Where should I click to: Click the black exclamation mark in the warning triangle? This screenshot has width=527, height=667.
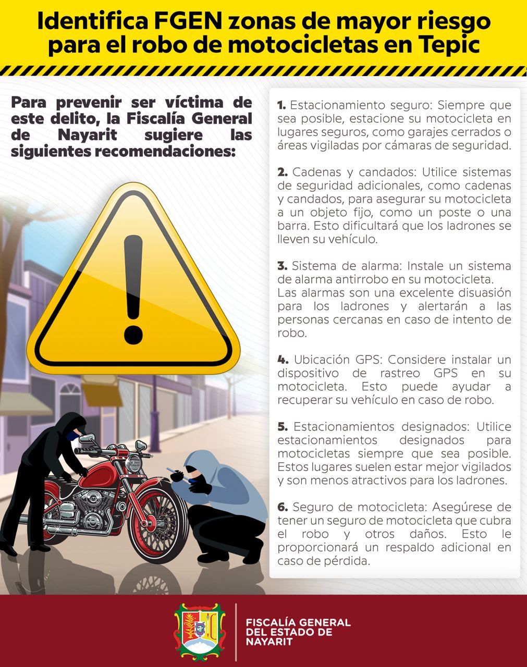pos(133,289)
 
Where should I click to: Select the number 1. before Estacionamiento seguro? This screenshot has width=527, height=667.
pos(281,105)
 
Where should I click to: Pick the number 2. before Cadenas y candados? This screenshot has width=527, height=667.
pos(283,172)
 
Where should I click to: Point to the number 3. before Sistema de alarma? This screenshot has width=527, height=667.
pos(283,266)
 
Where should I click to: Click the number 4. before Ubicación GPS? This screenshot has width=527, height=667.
pos(283,360)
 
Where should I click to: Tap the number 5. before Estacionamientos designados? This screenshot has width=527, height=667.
pos(283,427)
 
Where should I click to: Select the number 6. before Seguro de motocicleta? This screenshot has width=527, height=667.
pos(283,508)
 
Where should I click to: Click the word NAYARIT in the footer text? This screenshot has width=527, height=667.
pos(269,641)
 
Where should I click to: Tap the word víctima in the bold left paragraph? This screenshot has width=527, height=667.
pos(194,103)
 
